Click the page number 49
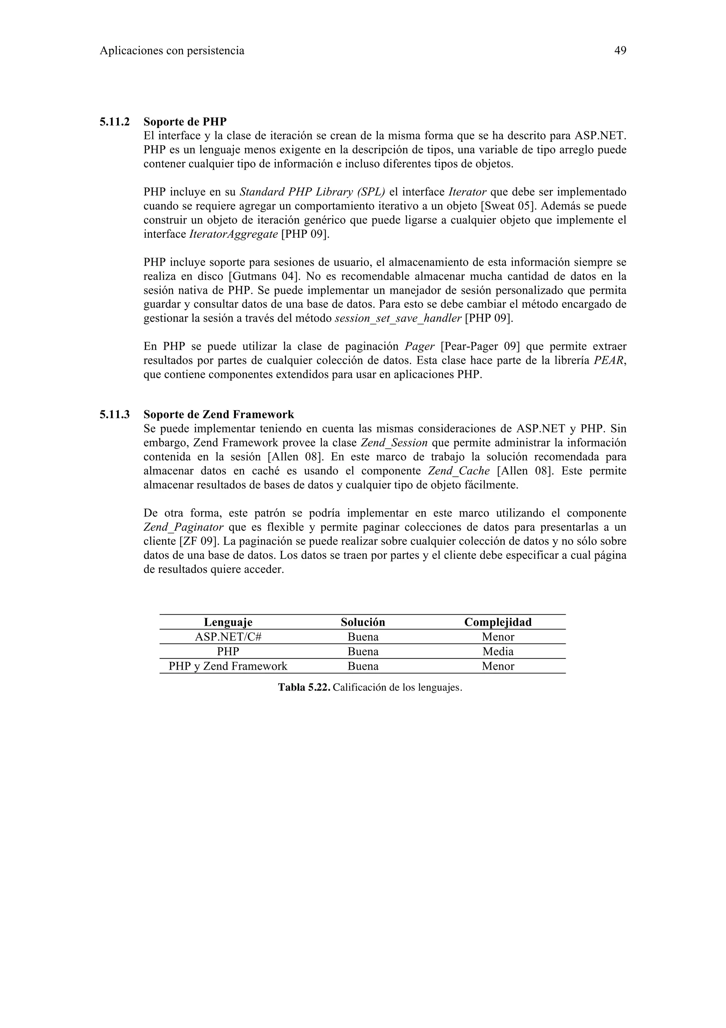620,51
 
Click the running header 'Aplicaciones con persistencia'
172,51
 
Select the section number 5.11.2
115,121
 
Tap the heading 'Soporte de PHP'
185,121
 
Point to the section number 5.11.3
115,414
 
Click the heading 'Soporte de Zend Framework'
218,414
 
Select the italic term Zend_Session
393,443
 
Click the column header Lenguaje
228,622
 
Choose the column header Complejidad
498,622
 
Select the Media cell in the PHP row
498,651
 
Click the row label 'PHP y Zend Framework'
228,666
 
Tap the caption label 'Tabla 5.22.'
304,687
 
